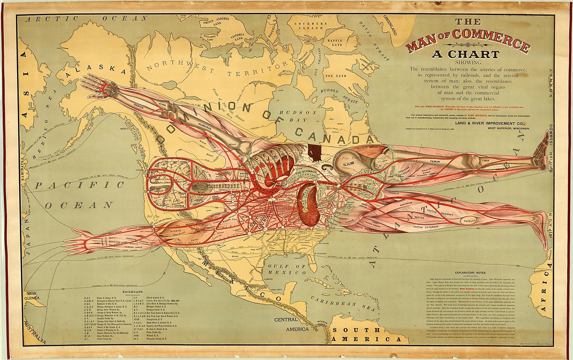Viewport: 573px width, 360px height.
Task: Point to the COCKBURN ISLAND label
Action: click(310, 26)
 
